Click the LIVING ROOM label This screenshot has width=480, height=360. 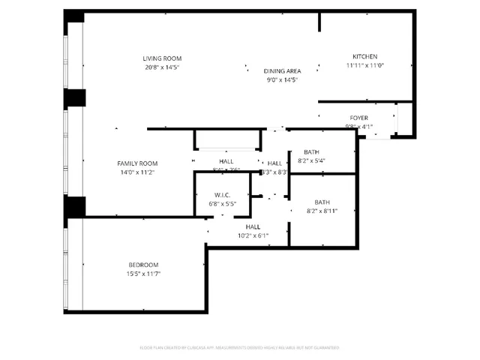[162, 58]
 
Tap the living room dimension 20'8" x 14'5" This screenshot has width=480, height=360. [162, 67]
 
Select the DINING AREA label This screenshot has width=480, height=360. [282, 70]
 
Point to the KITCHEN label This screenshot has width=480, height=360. [364, 57]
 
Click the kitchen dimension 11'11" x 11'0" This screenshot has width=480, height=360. [364, 66]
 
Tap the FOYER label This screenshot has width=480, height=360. [358, 118]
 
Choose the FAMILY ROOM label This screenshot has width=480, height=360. [136, 163]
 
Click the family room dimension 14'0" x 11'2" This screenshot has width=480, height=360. [136, 172]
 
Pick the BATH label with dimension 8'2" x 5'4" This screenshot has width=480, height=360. [310, 151]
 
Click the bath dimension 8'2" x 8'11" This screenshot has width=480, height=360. [322, 211]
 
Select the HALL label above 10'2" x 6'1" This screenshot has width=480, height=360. [253, 226]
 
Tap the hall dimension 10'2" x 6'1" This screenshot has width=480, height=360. [253, 235]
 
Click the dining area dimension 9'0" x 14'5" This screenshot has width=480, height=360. [282, 79]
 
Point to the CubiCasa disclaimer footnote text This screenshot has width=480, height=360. [239, 347]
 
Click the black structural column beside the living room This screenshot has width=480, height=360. [75, 98]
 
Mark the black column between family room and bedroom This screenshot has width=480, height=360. [75, 206]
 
